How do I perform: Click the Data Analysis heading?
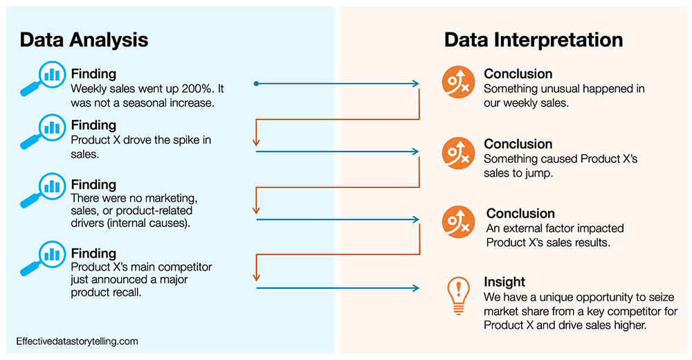84,39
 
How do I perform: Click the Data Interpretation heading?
534,39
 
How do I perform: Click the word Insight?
504,282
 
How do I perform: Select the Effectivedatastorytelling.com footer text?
78,341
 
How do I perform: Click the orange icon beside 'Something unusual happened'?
458,80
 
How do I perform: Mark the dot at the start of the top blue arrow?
257,84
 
